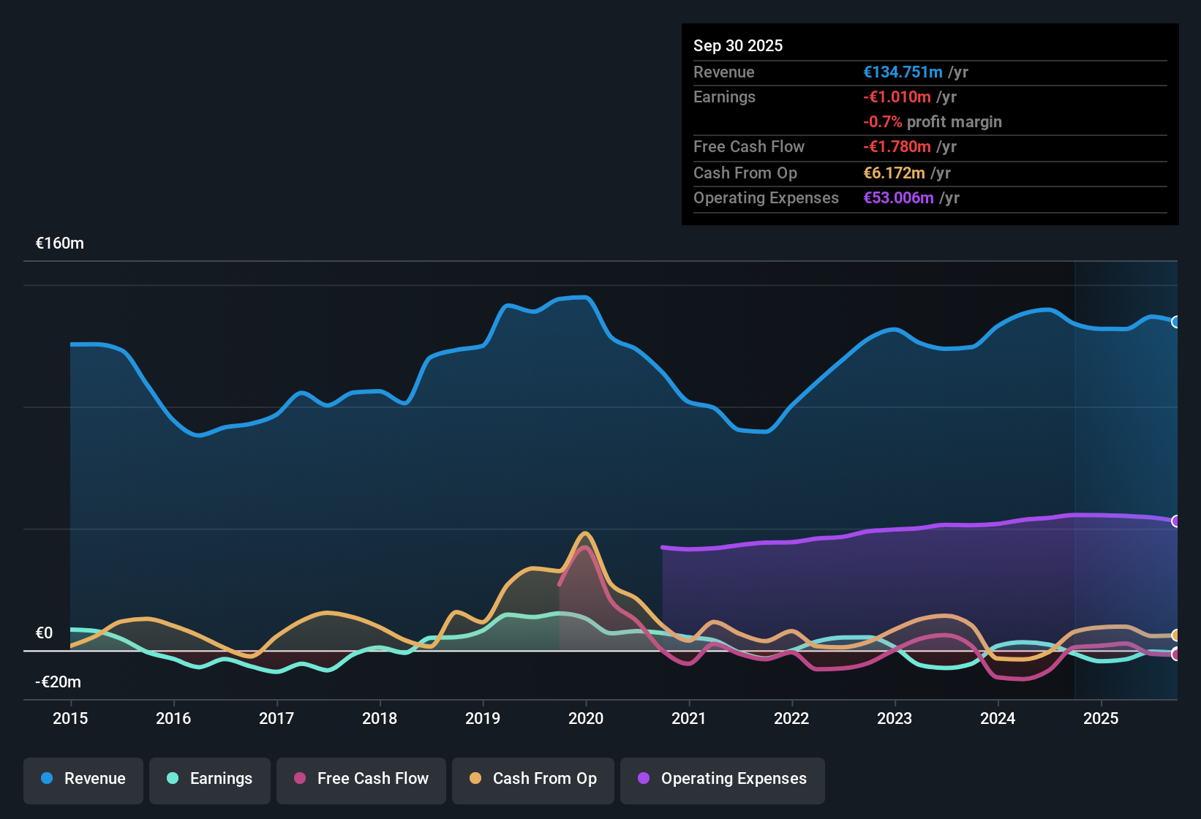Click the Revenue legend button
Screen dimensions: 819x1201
pos(83,779)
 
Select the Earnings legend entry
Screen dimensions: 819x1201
pos(210,779)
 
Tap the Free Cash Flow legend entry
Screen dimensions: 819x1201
pos(361,779)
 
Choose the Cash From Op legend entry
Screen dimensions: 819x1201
pos(533,779)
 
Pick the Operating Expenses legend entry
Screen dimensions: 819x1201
pos(723,779)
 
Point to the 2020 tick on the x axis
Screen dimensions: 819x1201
pos(586,718)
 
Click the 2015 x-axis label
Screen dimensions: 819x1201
pos(70,718)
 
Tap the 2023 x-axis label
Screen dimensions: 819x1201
pos(895,718)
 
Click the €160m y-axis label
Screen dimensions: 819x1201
pos(60,244)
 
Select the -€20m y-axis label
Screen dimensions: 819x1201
pos(59,682)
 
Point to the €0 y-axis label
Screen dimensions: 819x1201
pos(45,633)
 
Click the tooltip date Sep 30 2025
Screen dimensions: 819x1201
pos(738,46)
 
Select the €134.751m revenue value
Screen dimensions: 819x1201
pos(903,72)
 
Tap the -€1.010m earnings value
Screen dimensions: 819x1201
pos(897,97)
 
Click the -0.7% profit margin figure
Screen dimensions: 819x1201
pos(883,122)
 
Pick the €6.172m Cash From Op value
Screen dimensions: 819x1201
pos(894,173)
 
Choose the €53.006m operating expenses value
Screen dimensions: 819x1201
pos(898,198)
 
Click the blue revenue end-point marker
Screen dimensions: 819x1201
pos(1176,322)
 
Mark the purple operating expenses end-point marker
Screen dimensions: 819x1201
pos(1176,521)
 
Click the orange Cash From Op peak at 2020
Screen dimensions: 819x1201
pos(584,534)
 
